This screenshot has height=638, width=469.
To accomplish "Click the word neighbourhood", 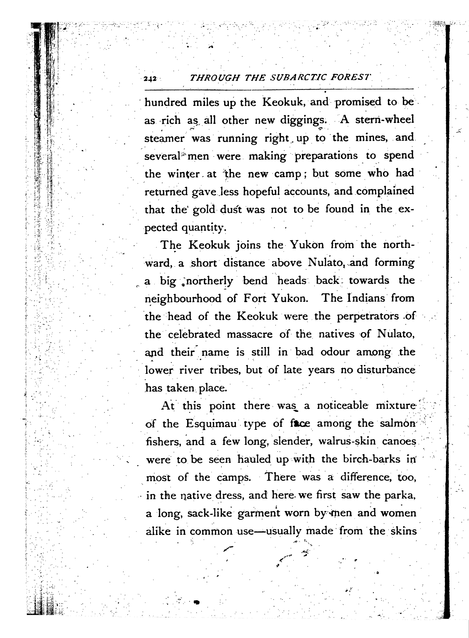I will (x=183, y=299).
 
